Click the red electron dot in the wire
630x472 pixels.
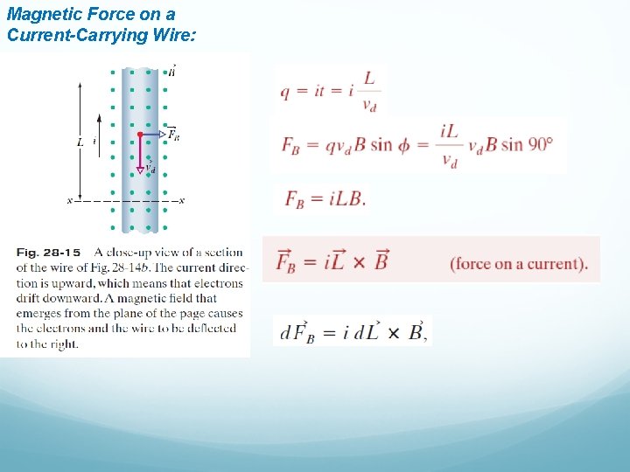[x=140, y=135]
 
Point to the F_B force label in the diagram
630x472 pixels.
[x=173, y=135]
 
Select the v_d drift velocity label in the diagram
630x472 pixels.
[x=150, y=167]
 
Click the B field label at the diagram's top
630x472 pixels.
[x=171, y=71]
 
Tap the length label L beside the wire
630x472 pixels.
[x=80, y=141]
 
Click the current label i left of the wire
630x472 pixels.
[x=94, y=141]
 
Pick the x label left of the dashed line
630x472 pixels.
[x=70, y=201]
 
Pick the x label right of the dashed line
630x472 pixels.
[x=181, y=201]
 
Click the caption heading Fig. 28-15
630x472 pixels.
[x=48, y=253]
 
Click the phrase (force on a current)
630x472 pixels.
[x=518, y=264]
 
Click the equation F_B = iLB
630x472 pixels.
[x=325, y=199]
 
